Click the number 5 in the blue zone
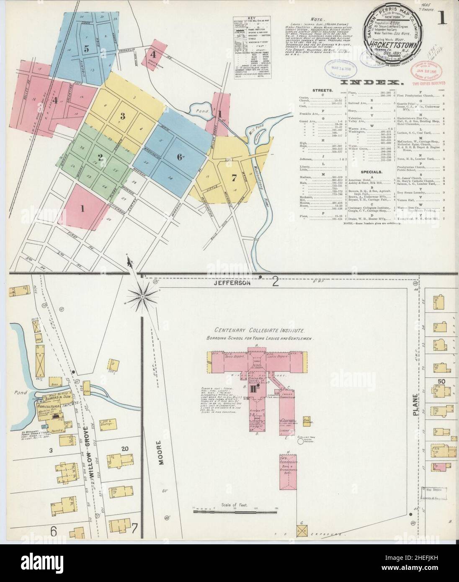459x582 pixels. tap(87, 48)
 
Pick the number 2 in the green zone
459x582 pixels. tap(100, 157)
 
